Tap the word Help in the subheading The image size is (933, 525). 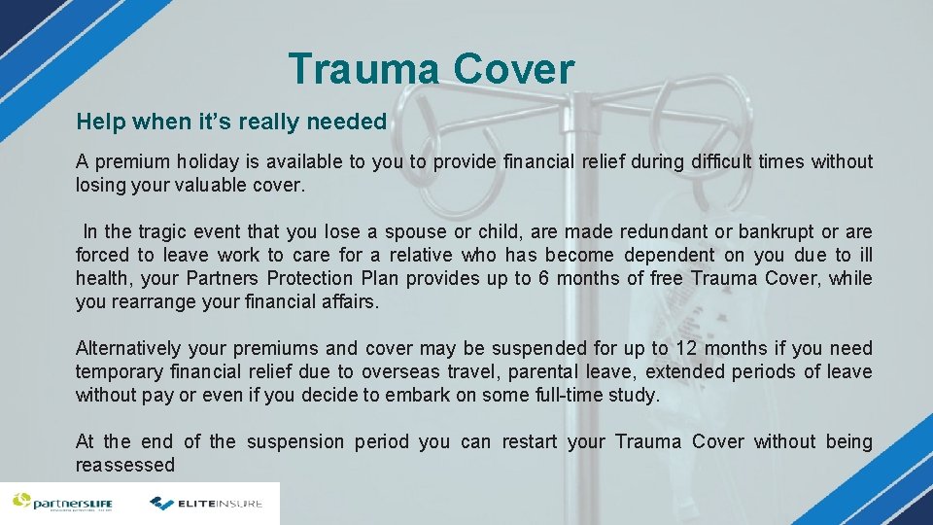99,122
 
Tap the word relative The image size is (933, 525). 423,255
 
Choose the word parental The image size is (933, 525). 521,371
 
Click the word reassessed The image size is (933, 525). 125,465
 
